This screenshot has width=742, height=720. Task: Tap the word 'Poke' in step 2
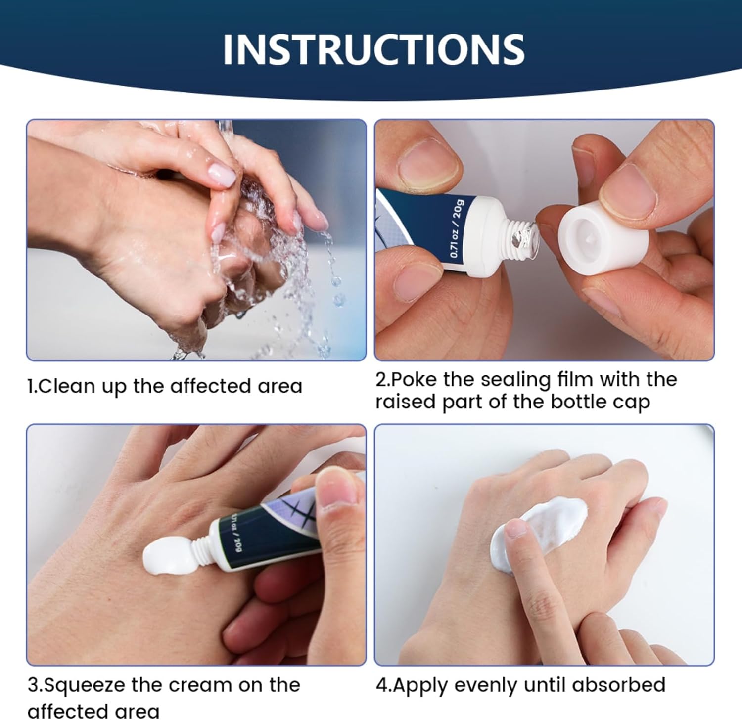click(x=415, y=379)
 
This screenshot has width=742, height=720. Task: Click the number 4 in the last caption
click(x=381, y=685)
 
